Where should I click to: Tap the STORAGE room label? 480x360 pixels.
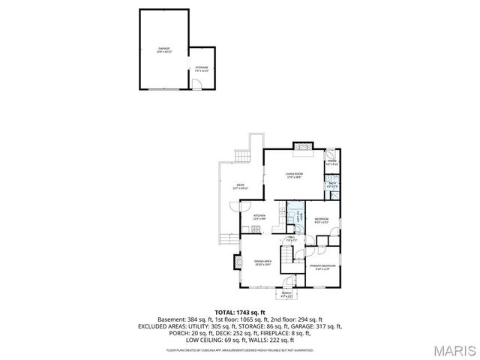202,68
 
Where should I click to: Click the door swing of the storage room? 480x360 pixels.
197,84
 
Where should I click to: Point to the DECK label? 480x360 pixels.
241,186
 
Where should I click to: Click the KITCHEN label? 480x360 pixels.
259,217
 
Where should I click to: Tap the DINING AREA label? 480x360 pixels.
263,262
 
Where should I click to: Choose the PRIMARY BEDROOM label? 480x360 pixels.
322,266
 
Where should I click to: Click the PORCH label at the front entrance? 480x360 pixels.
286,294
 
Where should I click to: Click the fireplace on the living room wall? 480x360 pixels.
301,147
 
